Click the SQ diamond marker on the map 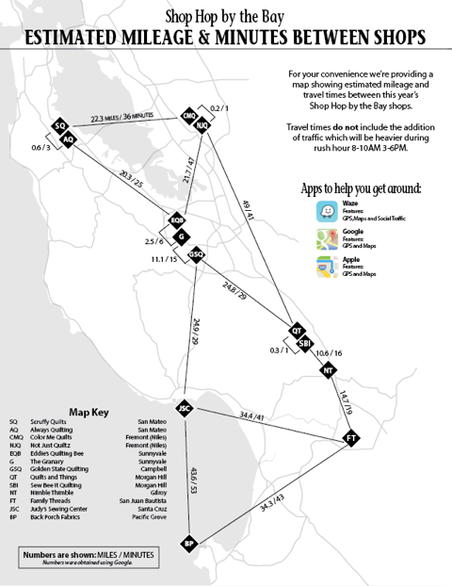coord(59,126)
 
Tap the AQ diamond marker coord(68,138)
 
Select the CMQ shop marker coord(189,117)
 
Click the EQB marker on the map coord(176,220)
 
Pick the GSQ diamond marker coord(197,253)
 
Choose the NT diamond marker coord(328,369)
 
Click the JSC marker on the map coord(185,408)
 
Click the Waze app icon coord(326,213)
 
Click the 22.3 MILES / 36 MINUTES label coord(122,118)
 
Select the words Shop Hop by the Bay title coord(225,16)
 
